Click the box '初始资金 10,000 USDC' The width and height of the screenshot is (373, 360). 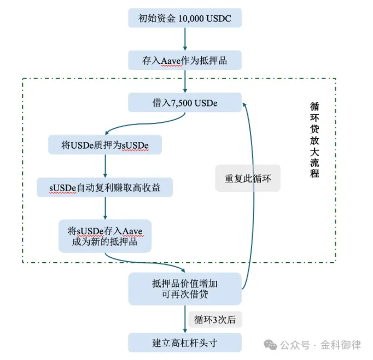pos(184,19)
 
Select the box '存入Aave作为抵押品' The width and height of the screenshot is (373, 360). pos(184,60)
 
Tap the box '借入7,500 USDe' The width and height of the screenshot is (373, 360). pos(184,102)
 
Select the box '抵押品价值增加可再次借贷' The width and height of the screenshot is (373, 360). pos(184,289)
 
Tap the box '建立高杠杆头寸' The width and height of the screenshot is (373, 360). pos(184,344)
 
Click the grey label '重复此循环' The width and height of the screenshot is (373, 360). pos(248,178)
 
